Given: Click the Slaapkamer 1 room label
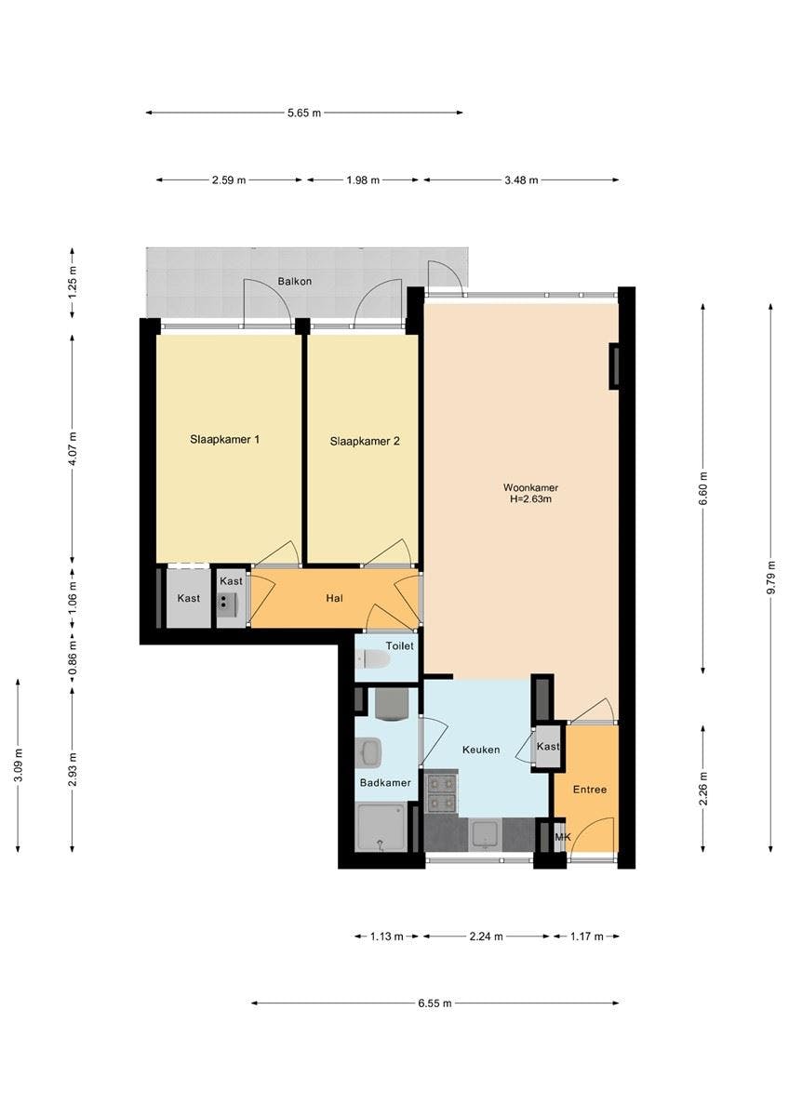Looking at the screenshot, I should [x=224, y=439].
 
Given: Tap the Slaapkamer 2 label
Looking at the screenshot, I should [x=365, y=442].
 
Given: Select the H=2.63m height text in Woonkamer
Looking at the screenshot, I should [x=530, y=499].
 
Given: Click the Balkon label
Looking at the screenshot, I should [x=294, y=281].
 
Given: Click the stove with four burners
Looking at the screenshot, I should [x=441, y=791].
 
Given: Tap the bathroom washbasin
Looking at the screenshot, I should [x=368, y=750].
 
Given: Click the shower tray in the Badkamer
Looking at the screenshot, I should [x=381, y=829].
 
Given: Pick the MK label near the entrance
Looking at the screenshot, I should [x=562, y=838].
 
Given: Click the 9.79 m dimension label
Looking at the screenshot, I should [x=770, y=578].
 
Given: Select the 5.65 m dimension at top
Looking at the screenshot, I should [x=303, y=113].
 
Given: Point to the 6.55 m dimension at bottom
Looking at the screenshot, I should [x=435, y=1003].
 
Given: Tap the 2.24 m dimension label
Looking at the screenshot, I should [x=486, y=937].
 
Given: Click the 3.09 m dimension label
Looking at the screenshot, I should [x=18, y=765].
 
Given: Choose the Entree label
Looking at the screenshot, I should [x=589, y=790].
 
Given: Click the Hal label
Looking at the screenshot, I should [x=335, y=598].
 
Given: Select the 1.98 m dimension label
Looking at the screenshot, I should [x=363, y=180].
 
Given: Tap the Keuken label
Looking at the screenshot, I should [x=481, y=750].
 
